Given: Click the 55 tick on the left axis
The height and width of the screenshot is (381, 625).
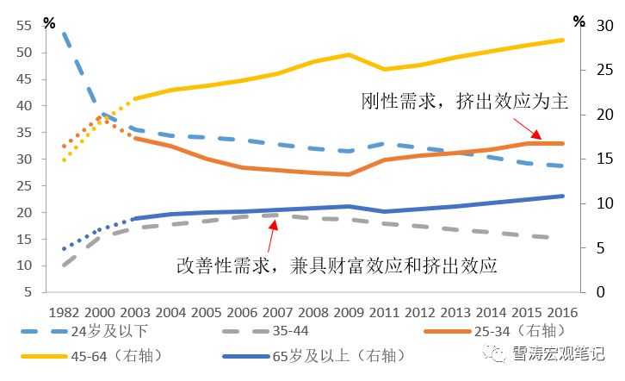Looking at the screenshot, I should (24, 27).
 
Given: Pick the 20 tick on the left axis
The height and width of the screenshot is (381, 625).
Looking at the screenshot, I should (24, 213).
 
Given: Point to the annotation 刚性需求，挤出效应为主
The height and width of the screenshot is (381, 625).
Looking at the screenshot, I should (465, 102).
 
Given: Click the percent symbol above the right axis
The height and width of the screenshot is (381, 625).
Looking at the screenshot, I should (579, 20).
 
